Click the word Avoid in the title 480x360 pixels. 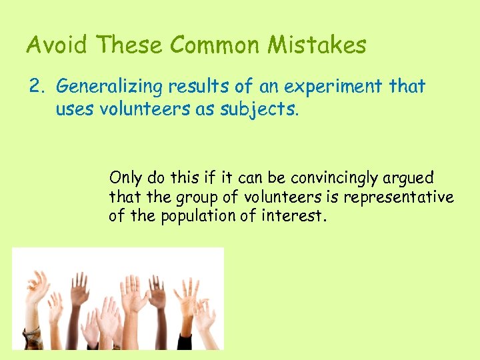[57, 45]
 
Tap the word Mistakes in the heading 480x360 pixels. [317, 45]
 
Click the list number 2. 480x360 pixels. [35, 87]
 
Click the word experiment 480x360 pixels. [329, 87]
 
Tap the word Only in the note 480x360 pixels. [125, 178]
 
